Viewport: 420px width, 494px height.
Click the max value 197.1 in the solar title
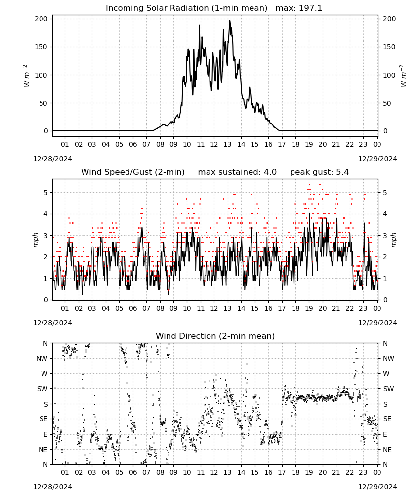pos(310,8)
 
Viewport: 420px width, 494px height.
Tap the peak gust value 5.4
pos(342,172)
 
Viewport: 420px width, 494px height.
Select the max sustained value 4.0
pos(270,172)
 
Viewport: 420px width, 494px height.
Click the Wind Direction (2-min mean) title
pos(215,336)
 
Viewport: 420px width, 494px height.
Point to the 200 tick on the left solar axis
pos(41,19)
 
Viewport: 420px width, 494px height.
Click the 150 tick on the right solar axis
pos(389,47)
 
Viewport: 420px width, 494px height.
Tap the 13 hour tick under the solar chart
pos(227,144)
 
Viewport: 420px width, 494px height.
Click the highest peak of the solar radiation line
pos(230,21)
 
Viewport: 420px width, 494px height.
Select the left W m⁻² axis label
pos(27,76)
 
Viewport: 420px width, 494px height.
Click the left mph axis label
pos(35,240)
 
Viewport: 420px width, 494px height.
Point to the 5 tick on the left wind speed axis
pos(46,193)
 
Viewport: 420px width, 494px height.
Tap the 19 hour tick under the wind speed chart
pos(309,308)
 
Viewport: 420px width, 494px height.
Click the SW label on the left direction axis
pos(42,389)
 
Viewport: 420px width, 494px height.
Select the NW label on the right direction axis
pos(388,358)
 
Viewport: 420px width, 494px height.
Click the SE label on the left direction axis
pos(43,419)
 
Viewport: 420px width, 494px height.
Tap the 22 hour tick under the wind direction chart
pos(349,472)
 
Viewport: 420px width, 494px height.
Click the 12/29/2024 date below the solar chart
pos(378,159)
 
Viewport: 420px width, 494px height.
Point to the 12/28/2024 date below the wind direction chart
pos(52,487)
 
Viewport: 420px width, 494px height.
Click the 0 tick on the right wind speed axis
pos(385,300)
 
